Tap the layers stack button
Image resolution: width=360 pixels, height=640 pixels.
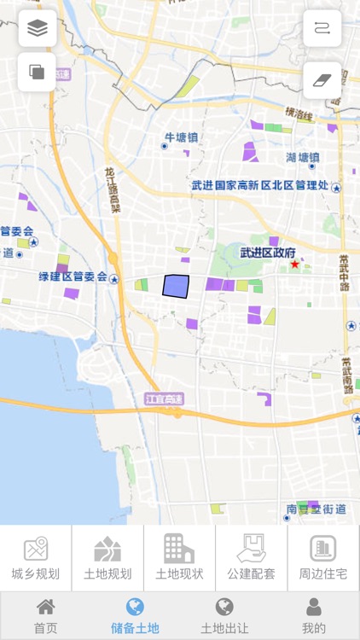coord(38,28)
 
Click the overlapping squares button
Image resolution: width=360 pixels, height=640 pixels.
coord(38,72)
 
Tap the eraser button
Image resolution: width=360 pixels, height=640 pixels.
coord(322,79)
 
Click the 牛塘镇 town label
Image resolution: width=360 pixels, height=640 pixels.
coord(181,137)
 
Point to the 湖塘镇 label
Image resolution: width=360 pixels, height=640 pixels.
coord(303,157)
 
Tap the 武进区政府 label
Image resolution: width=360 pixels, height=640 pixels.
coord(268,253)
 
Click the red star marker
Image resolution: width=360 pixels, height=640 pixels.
coord(295,265)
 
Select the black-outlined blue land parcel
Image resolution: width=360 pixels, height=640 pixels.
coord(176,287)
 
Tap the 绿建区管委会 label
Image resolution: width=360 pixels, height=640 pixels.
coord(73,276)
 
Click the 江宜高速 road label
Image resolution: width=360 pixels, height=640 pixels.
coord(160,399)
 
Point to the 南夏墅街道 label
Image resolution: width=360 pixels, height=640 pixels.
coord(316,509)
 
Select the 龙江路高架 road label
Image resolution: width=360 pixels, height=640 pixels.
coord(112,189)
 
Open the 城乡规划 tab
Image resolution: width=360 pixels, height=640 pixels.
coord(36,558)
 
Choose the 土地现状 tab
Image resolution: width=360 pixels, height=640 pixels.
coord(179,558)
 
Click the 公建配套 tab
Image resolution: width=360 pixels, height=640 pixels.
coord(252,558)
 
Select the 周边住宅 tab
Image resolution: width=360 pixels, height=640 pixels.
coord(323,558)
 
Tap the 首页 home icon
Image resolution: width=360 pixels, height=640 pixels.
coord(45,615)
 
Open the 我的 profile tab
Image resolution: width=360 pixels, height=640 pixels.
coord(314,615)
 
